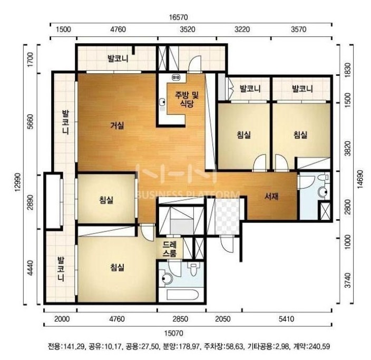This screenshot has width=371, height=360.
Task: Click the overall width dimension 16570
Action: click(x=179, y=17)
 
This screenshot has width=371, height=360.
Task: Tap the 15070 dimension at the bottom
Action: click(x=174, y=334)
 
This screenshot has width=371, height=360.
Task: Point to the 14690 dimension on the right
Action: click(x=360, y=179)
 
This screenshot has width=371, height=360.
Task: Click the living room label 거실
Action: click(x=117, y=125)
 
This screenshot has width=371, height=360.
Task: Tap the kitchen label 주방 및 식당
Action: click(x=187, y=100)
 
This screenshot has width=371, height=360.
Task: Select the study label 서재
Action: click(x=271, y=196)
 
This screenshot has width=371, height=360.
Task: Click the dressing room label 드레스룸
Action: click(x=170, y=249)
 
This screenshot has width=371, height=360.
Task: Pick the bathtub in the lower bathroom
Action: click(x=182, y=295)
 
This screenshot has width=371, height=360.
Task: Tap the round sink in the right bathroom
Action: click(x=322, y=192)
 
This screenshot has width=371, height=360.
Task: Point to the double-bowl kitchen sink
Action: click(x=176, y=77)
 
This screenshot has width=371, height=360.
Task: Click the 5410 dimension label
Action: click(x=286, y=319)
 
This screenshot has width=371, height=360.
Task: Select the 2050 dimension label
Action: click(x=222, y=319)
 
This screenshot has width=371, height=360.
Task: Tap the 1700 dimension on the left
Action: click(x=31, y=60)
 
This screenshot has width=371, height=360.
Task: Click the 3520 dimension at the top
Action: click(x=188, y=30)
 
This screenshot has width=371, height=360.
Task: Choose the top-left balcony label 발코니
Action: click(x=118, y=59)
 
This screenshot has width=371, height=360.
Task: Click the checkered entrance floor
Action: click(x=227, y=217)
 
